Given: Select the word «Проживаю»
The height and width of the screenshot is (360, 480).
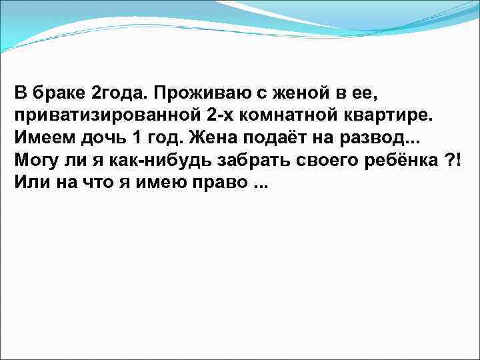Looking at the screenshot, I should pos(189,91).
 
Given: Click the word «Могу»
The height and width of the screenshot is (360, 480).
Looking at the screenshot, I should pos(37,161).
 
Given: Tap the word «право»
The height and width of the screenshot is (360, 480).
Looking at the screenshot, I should pos(216,185).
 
